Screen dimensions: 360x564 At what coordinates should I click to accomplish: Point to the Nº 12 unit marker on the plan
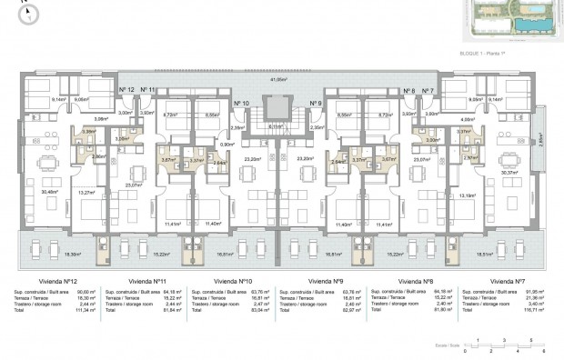tap(126, 89)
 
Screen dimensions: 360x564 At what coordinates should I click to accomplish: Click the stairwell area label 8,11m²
tap(277, 126)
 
